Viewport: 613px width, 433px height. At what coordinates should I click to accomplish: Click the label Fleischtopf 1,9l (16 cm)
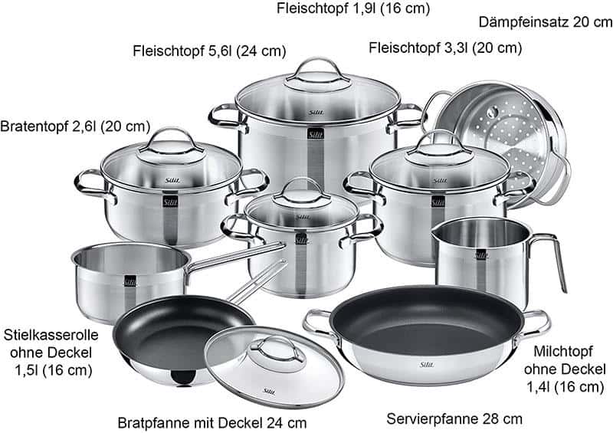click(x=353, y=8)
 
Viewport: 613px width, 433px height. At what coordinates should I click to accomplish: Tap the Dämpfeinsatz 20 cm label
click(x=546, y=22)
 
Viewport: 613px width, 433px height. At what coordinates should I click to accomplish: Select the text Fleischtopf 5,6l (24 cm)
click(x=209, y=51)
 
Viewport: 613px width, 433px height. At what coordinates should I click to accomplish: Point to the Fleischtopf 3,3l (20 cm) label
click(x=445, y=48)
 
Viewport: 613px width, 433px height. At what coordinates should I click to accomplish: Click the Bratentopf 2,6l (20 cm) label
click(x=75, y=126)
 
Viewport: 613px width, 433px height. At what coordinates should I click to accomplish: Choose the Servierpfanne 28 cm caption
click(x=454, y=419)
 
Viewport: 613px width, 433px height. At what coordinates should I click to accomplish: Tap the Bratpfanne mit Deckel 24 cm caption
click(x=212, y=423)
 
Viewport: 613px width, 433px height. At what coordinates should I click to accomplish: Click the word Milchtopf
click(x=563, y=351)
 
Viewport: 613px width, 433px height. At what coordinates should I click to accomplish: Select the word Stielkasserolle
click(x=51, y=335)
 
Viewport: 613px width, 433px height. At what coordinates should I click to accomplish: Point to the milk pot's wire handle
click(x=550, y=258)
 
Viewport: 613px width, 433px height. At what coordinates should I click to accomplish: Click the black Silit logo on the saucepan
click(x=130, y=281)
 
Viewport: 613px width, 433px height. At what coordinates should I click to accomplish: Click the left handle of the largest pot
click(x=226, y=117)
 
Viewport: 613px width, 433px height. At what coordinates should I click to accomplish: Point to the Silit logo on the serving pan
click(x=427, y=365)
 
